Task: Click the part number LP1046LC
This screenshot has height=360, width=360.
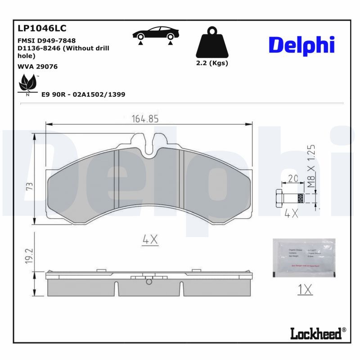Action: click(42, 28)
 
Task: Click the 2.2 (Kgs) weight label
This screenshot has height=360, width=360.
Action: click(212, 63)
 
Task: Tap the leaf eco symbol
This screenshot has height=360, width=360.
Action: click(27, 84)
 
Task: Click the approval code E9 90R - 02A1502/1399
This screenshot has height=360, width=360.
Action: click(83, 94)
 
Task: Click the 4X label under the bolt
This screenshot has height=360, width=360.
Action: click(291, 213)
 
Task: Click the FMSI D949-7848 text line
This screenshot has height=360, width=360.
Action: click(46, 40)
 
